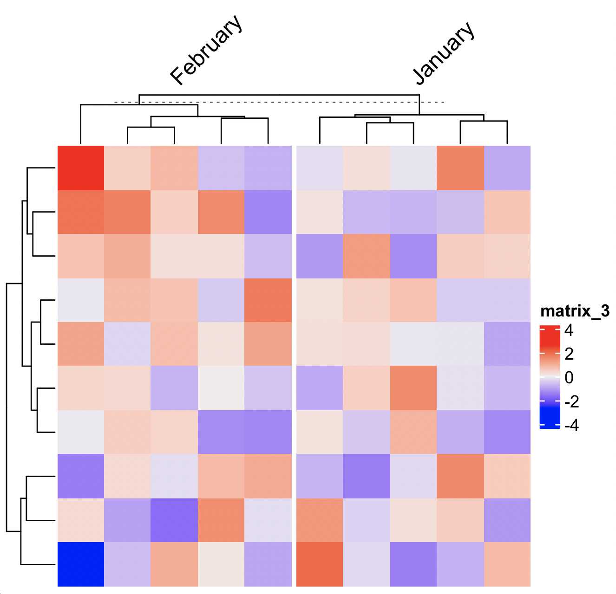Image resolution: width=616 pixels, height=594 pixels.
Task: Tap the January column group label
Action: click(x=444, y=53)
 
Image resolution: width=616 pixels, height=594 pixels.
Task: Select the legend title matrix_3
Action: click(x=575, y=311)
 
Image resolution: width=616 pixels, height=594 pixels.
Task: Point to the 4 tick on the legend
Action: click(x=569, y=330)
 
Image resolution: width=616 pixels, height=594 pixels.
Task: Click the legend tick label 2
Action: click(x=569, y=354)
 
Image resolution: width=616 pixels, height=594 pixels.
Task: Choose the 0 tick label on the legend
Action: click(x=569, y=378)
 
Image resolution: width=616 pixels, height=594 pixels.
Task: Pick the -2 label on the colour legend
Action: click(x=571, y=401)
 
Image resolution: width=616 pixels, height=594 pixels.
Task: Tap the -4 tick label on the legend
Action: click(x=571, y=425)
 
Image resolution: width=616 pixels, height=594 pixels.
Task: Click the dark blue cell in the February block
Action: click(x=81, y=564)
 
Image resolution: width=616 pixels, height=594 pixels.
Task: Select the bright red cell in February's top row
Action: click(x=81, y=168)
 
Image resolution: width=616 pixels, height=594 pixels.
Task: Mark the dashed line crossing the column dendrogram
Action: click(x=279, y=102)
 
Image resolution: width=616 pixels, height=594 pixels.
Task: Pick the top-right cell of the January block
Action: click(x=507, y=168)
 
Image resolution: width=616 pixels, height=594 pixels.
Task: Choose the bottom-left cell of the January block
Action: click(x=320, y=564)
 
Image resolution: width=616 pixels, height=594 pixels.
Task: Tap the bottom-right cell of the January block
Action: click(x=507, y=564)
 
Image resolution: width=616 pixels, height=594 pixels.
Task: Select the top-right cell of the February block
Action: click(x=268, y=168)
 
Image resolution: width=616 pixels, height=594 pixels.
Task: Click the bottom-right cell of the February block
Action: click(x=268, y=564)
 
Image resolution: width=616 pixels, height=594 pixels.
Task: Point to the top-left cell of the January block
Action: click(x=320, y=168)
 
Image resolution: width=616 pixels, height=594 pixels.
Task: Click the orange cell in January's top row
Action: click(x=460, y=168)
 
